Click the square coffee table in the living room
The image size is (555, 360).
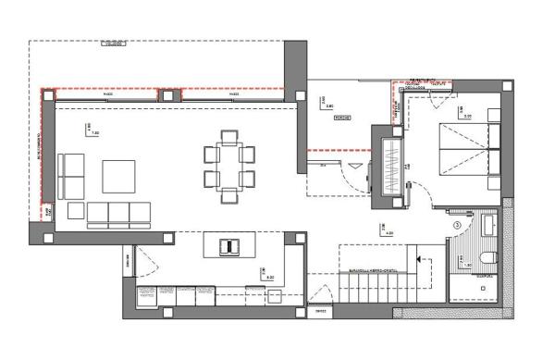118,176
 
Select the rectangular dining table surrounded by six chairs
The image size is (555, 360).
228,166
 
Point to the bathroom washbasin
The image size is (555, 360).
488,226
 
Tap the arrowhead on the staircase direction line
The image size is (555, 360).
418,259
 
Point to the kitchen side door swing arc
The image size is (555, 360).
142,262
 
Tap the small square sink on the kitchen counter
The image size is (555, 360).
274,297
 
